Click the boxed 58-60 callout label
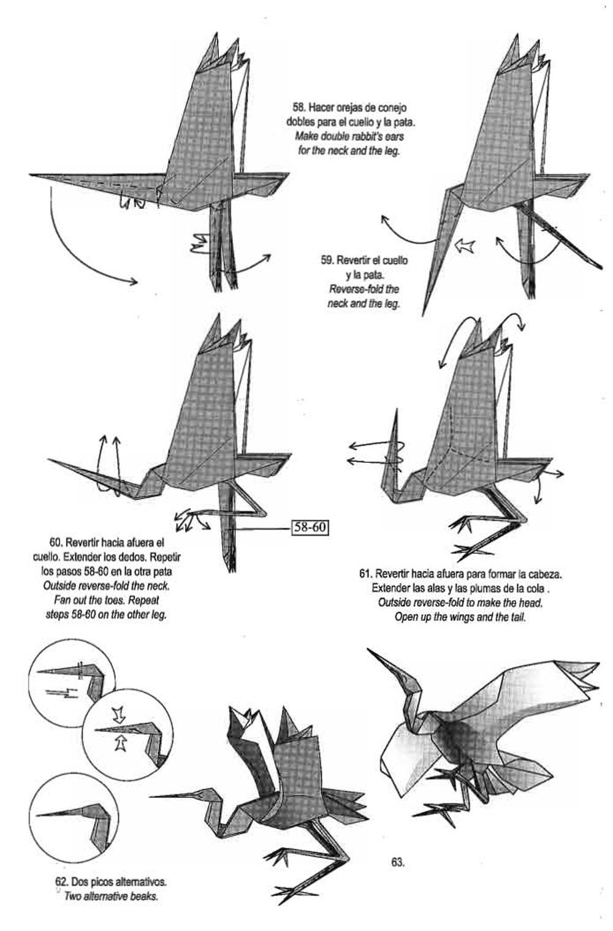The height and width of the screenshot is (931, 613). coord(311,527)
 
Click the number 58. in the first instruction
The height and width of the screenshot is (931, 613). coord(300,108)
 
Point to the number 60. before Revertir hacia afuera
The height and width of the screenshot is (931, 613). coord(56,542)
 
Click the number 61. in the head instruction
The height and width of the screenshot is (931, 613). coord(366,574)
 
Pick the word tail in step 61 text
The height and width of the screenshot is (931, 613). coord(517,617)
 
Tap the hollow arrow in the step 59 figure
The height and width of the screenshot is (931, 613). coord(465,246)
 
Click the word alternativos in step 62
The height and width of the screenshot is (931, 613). coord(136,882)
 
